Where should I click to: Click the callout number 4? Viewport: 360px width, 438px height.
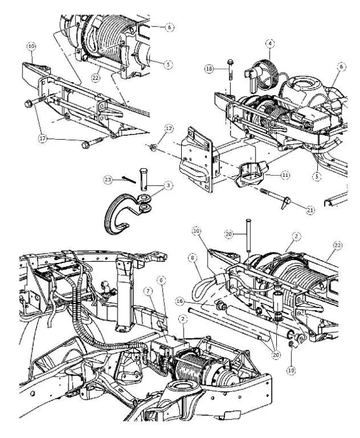tap(271, 43)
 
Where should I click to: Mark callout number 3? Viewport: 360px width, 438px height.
tap(168, 185)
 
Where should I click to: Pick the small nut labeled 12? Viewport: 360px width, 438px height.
tap(153, 148)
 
